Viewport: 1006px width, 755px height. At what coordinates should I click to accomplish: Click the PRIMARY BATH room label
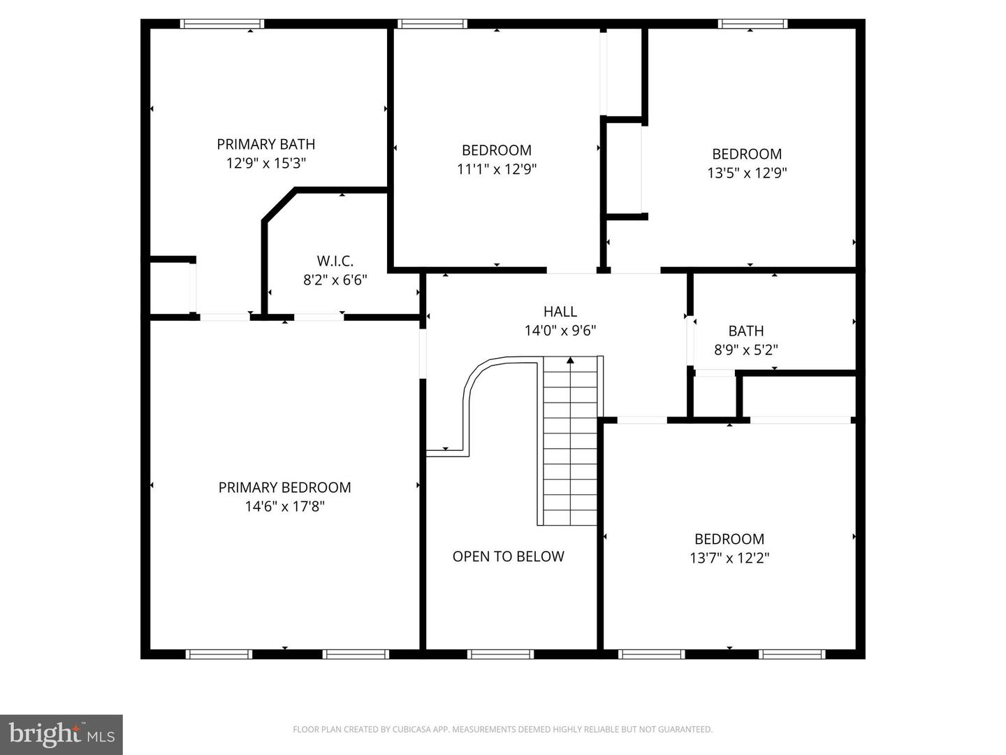265,144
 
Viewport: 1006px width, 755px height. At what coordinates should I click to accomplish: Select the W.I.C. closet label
335,261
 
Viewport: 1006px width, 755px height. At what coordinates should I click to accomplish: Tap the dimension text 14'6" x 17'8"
284,506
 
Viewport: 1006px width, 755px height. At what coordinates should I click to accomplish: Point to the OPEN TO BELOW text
508,556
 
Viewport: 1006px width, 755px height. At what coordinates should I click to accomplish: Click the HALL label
560,312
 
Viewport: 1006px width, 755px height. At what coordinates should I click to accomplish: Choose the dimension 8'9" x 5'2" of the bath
745,350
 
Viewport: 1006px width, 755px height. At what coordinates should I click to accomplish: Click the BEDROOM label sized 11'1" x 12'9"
496,150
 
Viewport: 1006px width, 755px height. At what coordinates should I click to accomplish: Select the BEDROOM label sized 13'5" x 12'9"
746,154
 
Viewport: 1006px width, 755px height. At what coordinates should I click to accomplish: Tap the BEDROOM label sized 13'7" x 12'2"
729,539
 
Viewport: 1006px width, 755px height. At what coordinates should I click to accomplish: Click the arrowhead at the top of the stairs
570,361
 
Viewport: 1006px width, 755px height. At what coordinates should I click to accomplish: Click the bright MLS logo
61,735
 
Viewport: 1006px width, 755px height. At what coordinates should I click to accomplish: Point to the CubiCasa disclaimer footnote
502,729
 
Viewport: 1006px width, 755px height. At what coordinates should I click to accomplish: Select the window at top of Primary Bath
222,24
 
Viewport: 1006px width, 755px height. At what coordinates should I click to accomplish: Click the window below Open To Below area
500,654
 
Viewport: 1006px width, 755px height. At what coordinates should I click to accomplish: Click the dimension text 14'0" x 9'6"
560,331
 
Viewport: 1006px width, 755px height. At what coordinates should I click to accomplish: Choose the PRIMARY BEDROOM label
284,487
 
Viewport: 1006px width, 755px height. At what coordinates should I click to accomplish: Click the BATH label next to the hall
745,331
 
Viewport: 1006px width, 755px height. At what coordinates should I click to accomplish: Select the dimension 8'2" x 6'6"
335,280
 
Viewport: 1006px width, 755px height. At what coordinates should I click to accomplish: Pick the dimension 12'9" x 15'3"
265,163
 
